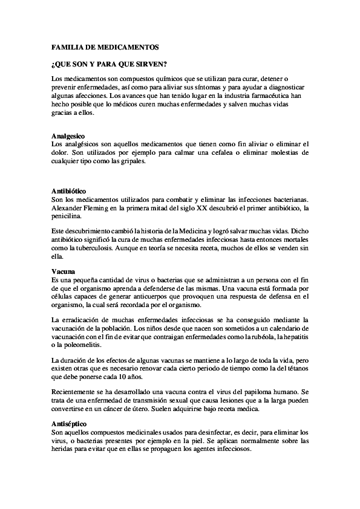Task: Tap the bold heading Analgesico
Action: (x=68, y=136)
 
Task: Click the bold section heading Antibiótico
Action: (x=70, y=191)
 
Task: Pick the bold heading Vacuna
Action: (x=63, y=272)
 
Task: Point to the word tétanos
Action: (x=296, y=368)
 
